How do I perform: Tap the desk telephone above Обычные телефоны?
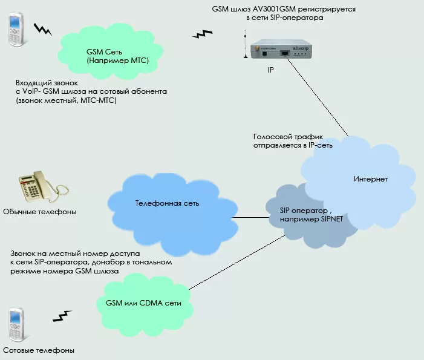click(44, 186)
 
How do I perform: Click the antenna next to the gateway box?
click(245, 44)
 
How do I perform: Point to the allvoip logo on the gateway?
click(301, 48)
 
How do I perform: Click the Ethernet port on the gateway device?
click(284, 53)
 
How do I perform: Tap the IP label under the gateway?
click(270, 70)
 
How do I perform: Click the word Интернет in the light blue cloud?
click(371, 179)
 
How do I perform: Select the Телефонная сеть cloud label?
click(167, 203)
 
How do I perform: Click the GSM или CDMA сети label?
click(143, 303)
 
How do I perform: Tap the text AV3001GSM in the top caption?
click(274, 9)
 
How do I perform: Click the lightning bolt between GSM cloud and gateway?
click(202, 34)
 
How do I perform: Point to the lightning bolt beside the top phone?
click(43, 30)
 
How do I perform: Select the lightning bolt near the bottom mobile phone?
click(62, 316)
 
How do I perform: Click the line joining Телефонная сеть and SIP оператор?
click(250, 217)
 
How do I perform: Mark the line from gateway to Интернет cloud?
click(318, 97)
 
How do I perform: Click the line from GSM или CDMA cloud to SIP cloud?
click(237, 263)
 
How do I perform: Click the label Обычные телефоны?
click(40, 212)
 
